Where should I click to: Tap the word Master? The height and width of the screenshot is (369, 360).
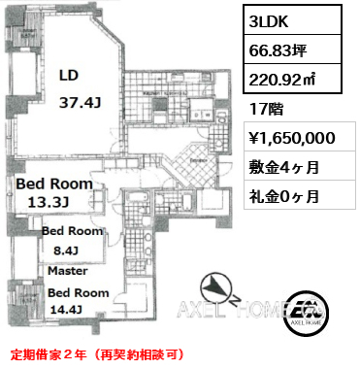[x=65, y=273]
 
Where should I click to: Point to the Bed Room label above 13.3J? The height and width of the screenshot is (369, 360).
[x=54, y=183]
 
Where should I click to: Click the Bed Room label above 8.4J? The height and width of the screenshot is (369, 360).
[x=72, y=232]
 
